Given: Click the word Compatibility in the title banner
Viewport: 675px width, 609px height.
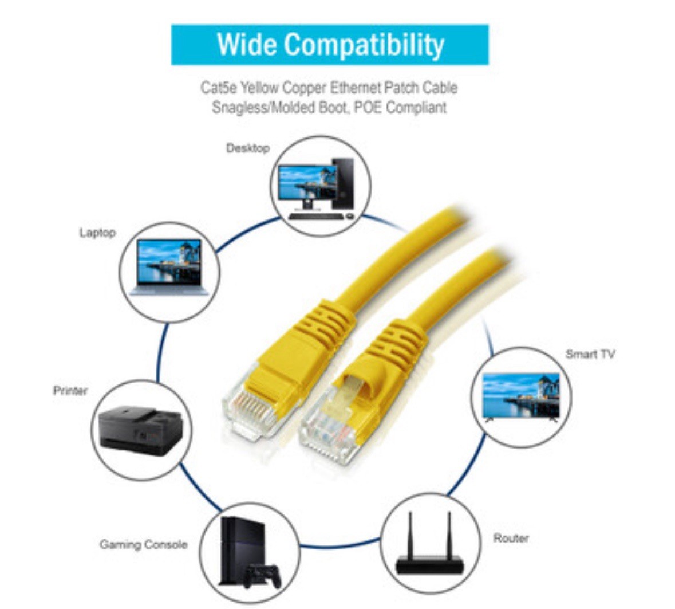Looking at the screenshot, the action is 364,45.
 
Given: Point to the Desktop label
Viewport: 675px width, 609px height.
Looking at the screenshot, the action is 247,148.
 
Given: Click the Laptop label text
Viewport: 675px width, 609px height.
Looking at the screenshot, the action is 97,233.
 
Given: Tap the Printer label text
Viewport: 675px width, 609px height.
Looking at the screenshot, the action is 70,391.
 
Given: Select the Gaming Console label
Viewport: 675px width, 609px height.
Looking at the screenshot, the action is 143,544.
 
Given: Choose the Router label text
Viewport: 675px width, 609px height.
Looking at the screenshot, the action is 511,538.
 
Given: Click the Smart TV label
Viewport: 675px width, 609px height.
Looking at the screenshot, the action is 590,354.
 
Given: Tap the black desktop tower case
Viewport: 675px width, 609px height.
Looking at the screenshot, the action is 343,183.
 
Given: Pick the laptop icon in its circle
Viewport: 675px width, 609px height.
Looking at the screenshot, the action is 169,267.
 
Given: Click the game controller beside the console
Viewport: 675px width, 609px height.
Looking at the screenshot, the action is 261,575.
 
